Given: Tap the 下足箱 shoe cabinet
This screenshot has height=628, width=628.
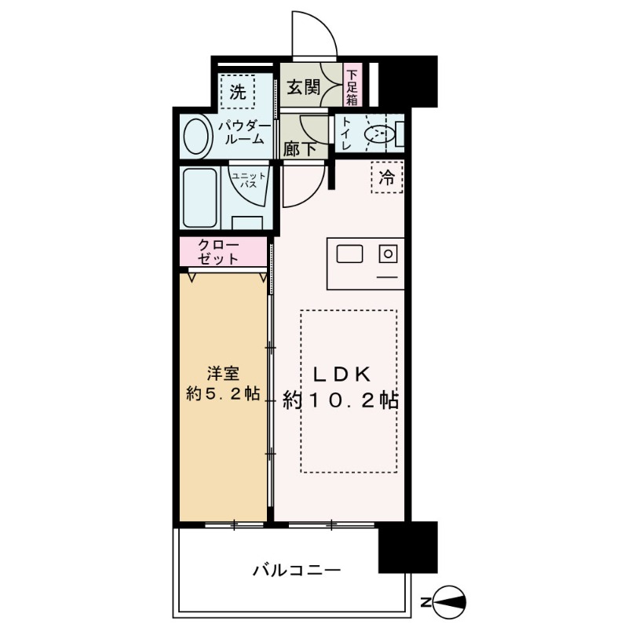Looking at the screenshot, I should [x=352, y=88].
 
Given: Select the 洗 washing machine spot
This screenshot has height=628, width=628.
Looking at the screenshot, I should [x=238, y=91].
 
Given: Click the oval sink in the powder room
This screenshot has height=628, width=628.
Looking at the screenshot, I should [x=196, y=136].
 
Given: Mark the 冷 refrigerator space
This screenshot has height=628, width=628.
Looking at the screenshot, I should [x=386, y=177].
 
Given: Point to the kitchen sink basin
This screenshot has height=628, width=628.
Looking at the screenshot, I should [x=350, y=254].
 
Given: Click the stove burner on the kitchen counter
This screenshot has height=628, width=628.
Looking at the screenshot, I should [x=387, y=254].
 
